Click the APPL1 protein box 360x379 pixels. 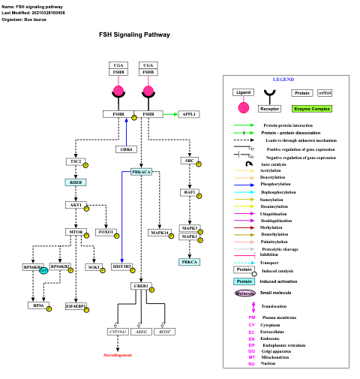188,114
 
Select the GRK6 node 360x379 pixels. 127,149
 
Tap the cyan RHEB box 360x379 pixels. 76,182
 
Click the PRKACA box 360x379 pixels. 141,172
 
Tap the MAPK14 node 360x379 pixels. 159,233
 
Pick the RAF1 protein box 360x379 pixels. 190,192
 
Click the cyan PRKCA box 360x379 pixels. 190,261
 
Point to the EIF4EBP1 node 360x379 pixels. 75,306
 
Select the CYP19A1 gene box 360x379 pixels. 118,331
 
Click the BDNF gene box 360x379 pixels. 165,331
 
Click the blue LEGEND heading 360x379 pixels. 283,80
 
